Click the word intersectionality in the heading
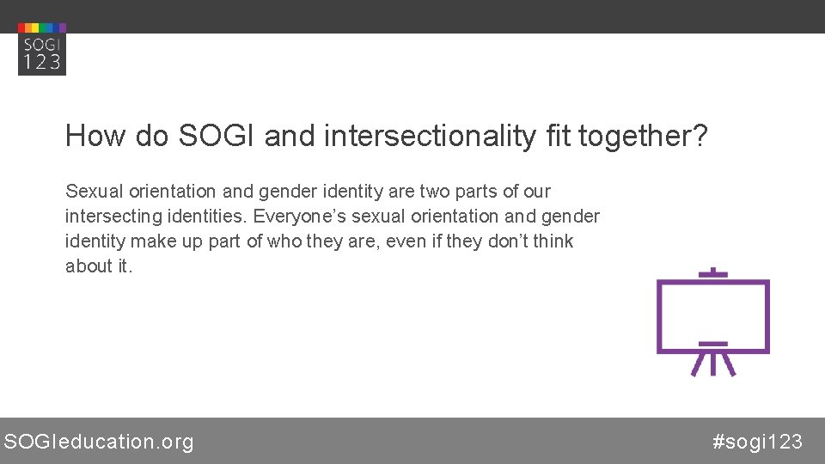click(x=429, y=136)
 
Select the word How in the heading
click(x=92, y=136)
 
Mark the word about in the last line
click(x=89, y=266)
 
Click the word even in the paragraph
click(x=406, y=241)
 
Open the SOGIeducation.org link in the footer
click(x=99, y=442)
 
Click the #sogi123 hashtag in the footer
click(x=757, y=442)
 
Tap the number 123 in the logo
click(x=41, y=61)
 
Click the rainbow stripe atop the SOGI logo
click(x=41, y=27)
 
